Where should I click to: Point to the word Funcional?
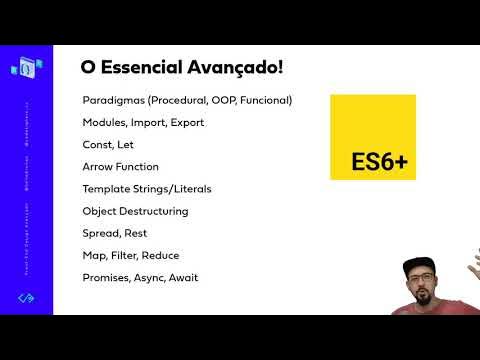[262, 101]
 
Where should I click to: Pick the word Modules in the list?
[105, 123]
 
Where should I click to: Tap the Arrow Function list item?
[121, 167]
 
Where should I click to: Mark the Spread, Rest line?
[114, 233]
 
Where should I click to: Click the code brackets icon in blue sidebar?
[26, 298]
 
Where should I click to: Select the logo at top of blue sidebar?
[24, 68]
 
